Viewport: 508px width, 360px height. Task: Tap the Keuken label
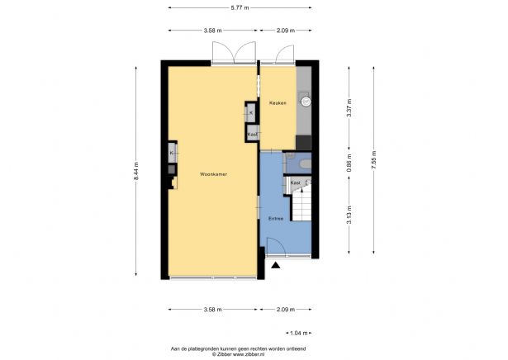278,102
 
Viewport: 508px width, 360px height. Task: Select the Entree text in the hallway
275,219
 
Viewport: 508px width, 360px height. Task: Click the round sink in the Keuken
306,102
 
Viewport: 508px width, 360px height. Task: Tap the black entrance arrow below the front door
275,266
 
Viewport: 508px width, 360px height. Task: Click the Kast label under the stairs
294,182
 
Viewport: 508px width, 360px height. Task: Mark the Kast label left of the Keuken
253,134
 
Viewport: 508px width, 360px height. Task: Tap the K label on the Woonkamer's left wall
171,153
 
